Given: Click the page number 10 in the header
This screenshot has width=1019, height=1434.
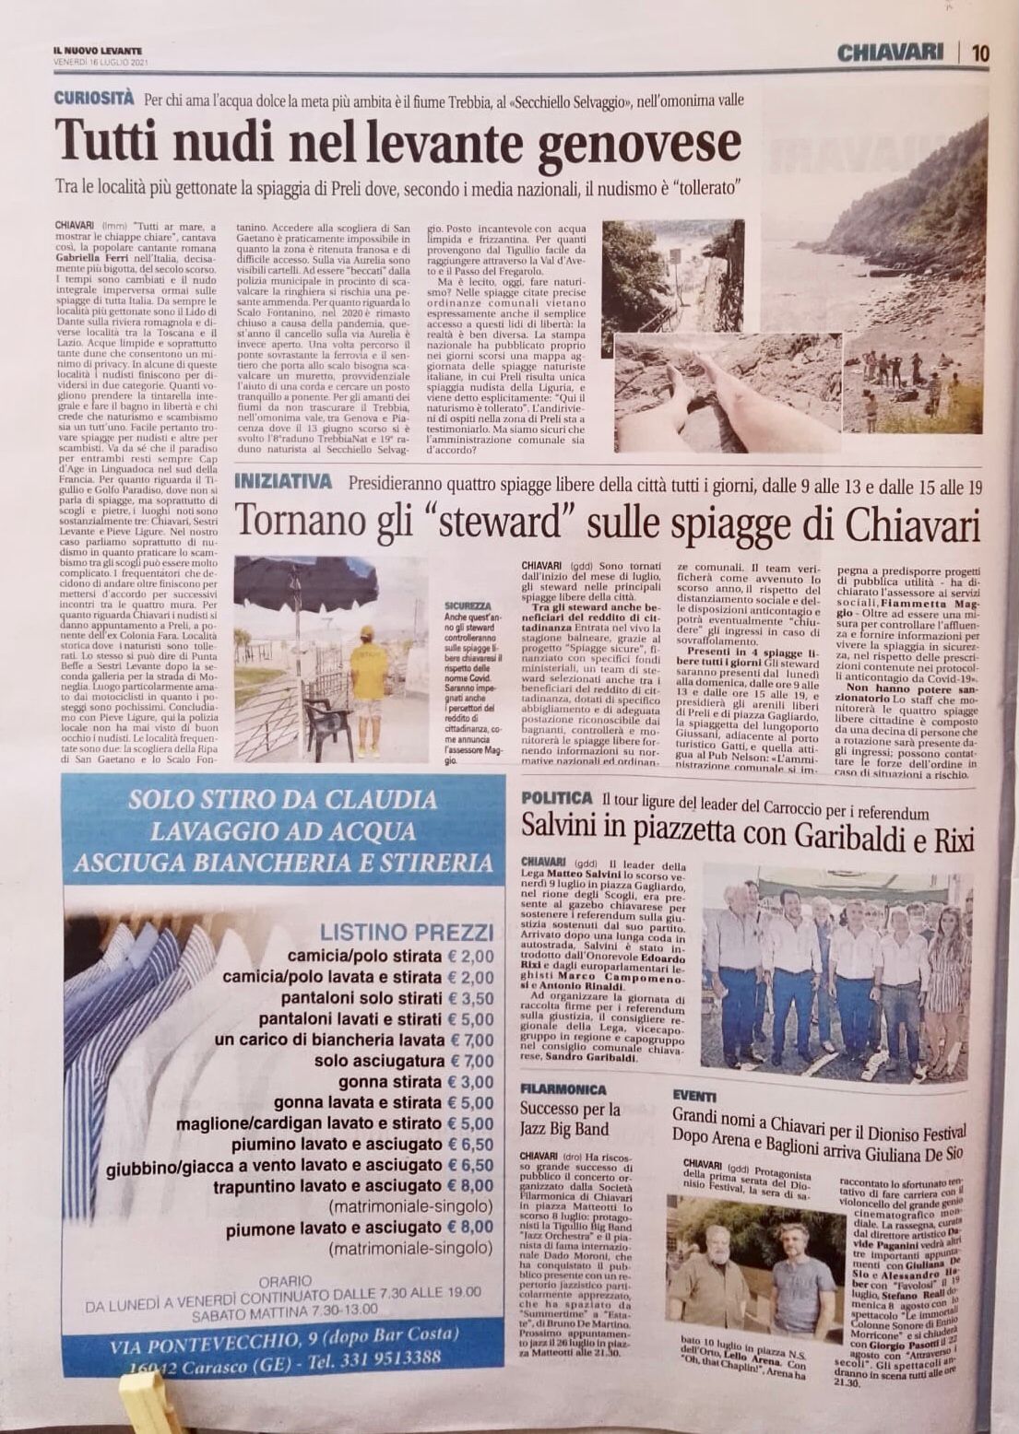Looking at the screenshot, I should [979, 53].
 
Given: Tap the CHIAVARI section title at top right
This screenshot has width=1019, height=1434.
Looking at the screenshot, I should [890, 53].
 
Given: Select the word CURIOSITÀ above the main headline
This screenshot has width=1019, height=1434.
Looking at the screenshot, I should [93, 98].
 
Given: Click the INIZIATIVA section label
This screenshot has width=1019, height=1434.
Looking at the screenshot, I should [283, 480].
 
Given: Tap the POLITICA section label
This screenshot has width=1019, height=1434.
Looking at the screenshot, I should [556, 797].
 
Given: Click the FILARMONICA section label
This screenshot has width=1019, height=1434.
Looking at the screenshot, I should [563, 1088].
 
